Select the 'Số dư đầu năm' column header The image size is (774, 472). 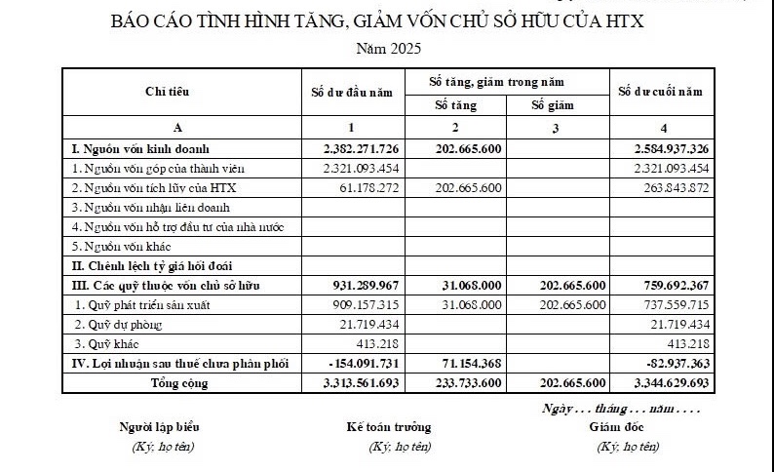pos(351,92)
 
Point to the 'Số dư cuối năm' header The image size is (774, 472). pos(660,92)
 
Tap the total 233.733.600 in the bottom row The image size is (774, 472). pos(461,383)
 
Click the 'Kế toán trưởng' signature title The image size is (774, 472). pos(388,426)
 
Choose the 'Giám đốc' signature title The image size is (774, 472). pos(616,426)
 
